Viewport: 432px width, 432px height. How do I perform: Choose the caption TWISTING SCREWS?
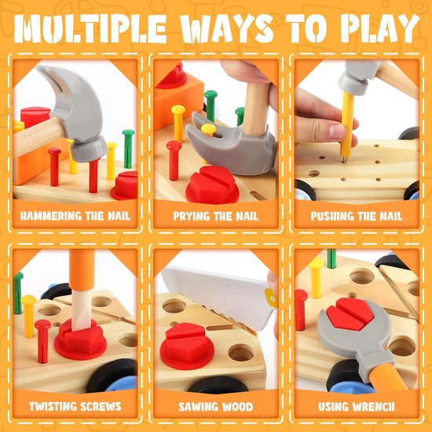pyautogui.click(x=75, y=406)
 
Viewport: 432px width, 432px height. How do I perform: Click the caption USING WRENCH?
pyautogui.click(x=356, y=406)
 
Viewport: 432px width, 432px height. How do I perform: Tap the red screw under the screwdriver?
pyautogui.click(x=81, y=340)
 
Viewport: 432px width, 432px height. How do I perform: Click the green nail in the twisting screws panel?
pyautogui.click(x=17, y=292)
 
